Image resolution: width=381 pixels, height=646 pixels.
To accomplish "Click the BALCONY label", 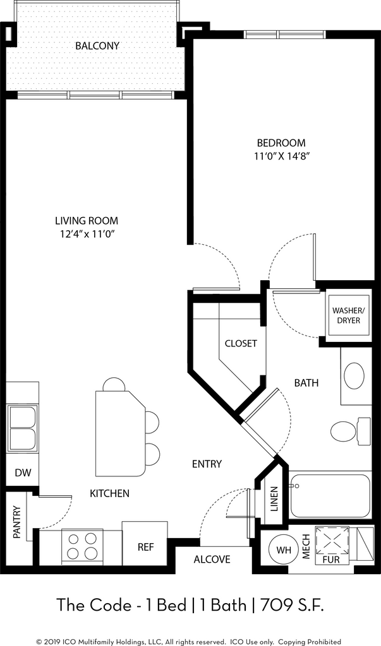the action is tap(97, 45).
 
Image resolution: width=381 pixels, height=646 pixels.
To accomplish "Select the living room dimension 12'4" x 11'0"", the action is tap(87, 234).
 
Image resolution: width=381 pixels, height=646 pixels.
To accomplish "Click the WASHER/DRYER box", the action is tap(346, 315).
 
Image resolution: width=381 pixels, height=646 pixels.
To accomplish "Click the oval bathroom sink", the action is tap(354, 376).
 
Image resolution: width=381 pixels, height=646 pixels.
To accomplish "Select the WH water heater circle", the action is tap(284, 550).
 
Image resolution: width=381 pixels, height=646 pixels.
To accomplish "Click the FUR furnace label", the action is tap(330, 560).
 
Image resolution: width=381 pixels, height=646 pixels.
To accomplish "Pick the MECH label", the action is tap(306, 547).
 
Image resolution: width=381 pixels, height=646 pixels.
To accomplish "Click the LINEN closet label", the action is tap(274, 500).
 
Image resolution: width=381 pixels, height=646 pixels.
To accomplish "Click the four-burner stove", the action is tap(82, 547).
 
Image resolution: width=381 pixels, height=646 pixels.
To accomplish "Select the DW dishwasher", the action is tap(23, 472).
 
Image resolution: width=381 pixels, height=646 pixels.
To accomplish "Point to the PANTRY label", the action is tap(17, 522).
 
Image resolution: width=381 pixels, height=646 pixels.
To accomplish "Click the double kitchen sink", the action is tap(22, 428).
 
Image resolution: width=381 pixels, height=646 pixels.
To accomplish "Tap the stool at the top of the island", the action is tap(114, 385).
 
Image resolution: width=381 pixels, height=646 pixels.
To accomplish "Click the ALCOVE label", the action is tap(212, 559).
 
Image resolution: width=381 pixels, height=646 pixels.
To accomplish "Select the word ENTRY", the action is tap(207, 464).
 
